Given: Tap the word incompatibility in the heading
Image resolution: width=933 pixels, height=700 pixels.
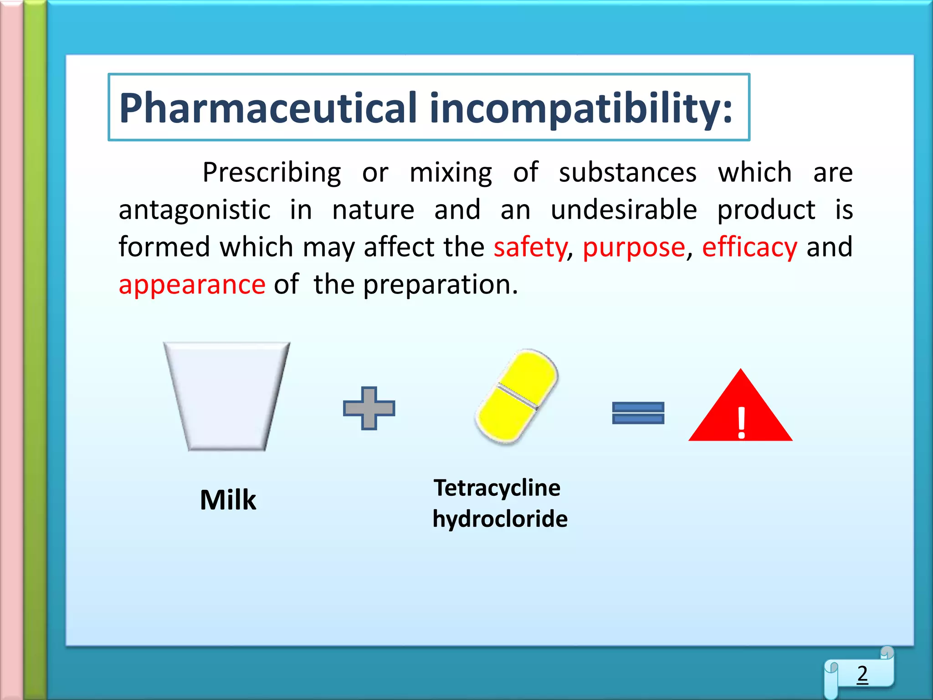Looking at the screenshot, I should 580,108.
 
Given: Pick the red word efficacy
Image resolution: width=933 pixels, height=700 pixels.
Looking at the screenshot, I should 749,247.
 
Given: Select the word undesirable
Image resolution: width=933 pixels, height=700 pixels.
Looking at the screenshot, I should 624,210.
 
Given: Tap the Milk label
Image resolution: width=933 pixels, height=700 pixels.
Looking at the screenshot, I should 228,500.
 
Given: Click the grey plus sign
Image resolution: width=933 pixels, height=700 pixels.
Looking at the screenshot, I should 369,408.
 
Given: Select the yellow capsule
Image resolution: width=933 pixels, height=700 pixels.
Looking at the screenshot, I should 517,396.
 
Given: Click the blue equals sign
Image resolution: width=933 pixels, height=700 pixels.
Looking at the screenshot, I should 638,413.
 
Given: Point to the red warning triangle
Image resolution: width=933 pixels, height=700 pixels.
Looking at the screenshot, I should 740,410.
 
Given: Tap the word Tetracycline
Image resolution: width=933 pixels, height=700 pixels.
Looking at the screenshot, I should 497,488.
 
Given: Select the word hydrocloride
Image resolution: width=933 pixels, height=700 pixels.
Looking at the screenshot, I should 500,519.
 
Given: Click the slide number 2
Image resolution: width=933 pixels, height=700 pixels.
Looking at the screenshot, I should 862,674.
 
